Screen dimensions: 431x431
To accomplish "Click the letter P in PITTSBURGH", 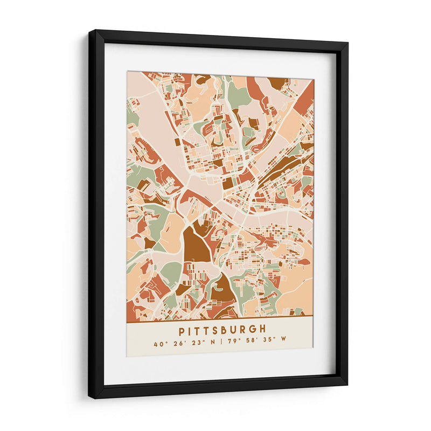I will [182, 330].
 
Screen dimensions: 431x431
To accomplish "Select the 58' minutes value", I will [252, 344].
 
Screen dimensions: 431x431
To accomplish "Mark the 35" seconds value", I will [270, 344].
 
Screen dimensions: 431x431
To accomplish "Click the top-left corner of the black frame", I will [91, 32].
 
